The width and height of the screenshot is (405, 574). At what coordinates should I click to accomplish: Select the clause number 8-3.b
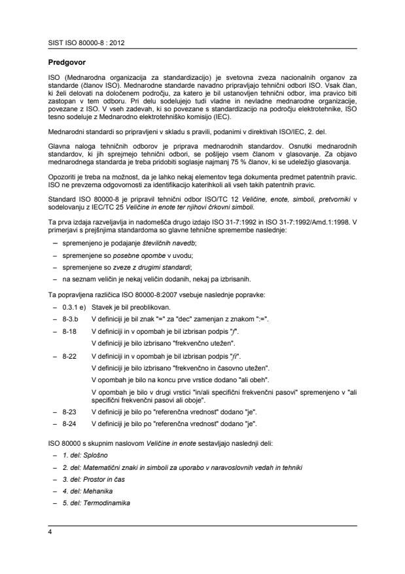coord(71,317)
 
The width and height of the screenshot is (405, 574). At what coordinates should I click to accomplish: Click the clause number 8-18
coord(69,332)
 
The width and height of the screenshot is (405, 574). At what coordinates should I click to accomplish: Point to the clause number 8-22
coord(69,355)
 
